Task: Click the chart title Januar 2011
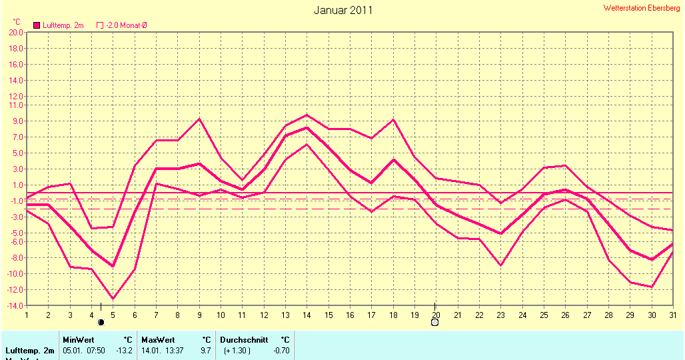point(343,10)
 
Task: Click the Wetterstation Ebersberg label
point(642,8)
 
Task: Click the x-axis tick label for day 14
point(307,315)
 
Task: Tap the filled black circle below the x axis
point(101,323)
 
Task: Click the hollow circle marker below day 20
point(435,323)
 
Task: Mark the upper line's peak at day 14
point(307,115)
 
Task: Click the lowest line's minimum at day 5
point(113,299)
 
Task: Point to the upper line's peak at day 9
point(199,119)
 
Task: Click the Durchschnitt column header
point(244,339)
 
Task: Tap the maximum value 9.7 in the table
point(206,350)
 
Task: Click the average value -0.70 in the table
point(282,350)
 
